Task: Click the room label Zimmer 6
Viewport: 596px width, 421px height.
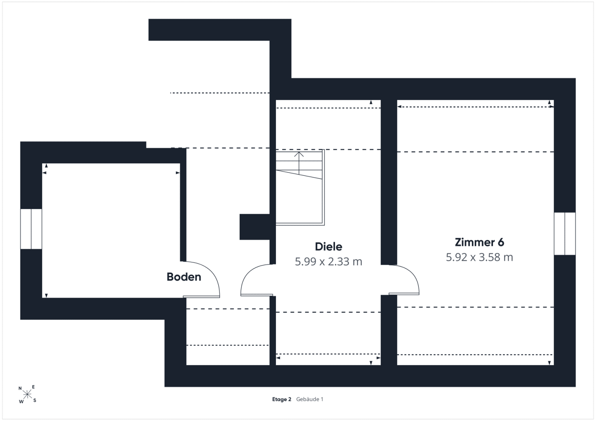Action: click(479, 242)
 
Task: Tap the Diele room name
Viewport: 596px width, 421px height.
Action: click(328, 247)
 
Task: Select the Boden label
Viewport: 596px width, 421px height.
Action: click(184, 277)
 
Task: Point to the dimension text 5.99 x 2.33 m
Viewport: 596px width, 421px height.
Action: click(328, 262)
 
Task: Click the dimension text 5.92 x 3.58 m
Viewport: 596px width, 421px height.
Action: click(479, 257)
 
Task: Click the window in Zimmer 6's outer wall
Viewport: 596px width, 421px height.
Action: click(565, 233)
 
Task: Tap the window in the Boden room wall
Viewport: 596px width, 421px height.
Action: click(31, 229)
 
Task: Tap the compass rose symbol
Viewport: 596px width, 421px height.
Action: click(27, 394)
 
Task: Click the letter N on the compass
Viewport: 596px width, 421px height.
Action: click(20, 388)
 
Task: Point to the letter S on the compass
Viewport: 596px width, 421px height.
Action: click(35, 400)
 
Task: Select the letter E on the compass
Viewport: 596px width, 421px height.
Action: click(33, 387)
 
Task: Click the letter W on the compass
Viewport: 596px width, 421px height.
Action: click(21, 402)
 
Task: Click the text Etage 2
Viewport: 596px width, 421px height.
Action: click(281, 399)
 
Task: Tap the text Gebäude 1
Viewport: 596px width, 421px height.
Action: click(310, 399)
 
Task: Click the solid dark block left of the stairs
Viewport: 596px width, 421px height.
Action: click(254, 227)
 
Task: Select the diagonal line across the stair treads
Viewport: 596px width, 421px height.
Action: click(299, 175)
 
